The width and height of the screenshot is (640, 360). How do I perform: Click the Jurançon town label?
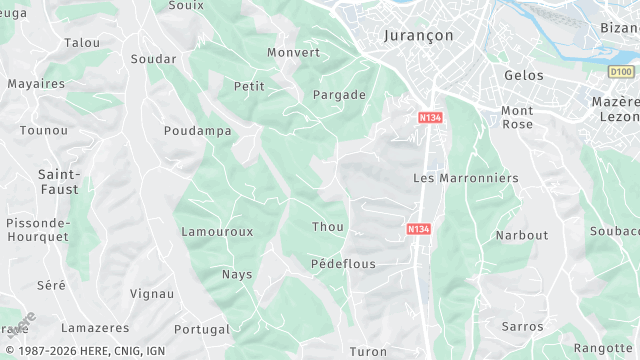[419, 35]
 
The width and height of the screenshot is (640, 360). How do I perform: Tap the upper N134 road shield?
[431, 118]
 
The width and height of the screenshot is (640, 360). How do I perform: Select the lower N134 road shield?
[419, 229]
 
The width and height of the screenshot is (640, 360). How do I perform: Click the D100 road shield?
[621, 72]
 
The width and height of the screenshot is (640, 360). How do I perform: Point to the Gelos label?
[524, 76]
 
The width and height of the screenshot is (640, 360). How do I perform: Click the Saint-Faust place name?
[59, 181]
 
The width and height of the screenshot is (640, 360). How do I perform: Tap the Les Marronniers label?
[466, 178]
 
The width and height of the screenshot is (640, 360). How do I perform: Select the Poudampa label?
[198, 131]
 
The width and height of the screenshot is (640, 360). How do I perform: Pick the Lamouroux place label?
[217, 232]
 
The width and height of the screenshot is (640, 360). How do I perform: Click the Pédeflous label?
[343, 264]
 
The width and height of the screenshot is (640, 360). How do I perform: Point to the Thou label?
[327, 227]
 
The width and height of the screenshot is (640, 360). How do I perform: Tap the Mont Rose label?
[517, 117]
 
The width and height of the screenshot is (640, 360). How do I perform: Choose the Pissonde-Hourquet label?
[37, 230]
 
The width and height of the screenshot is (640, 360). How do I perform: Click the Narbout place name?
[522, 236]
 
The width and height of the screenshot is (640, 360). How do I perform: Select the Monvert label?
[294, 52]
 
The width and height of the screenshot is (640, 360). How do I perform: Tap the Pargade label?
[339, 95]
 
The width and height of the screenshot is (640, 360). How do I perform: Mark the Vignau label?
[152, 294]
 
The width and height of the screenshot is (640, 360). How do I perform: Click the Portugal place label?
[202, 329]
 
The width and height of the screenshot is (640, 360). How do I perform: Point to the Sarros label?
[522, 327]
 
